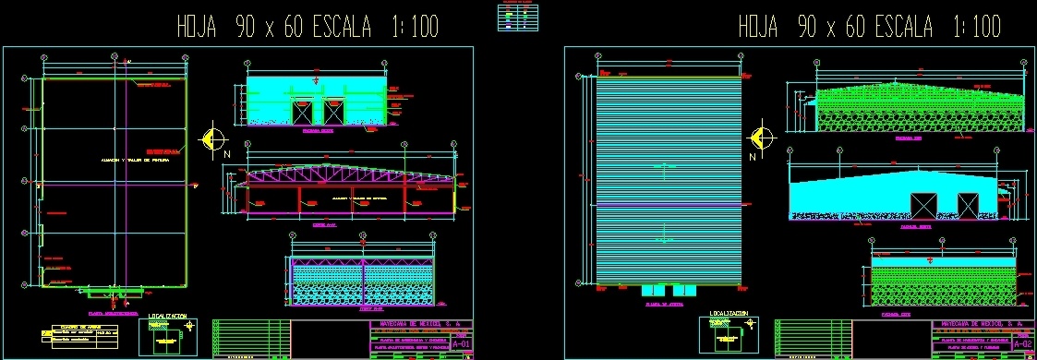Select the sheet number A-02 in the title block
tap(1022, 343)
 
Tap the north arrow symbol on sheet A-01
tap(214, 138)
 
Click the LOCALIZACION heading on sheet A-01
tap(168, 317)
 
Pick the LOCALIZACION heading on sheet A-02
tap(729, 314)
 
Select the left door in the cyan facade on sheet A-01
tap(302, 113)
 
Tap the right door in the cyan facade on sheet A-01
tap(332, 113)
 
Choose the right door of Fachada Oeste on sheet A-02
tap(967, 204)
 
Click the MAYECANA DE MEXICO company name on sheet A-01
tap(421, 325)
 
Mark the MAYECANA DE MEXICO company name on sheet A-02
tap(981, 325)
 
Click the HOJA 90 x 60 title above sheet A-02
tap(869, 28)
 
